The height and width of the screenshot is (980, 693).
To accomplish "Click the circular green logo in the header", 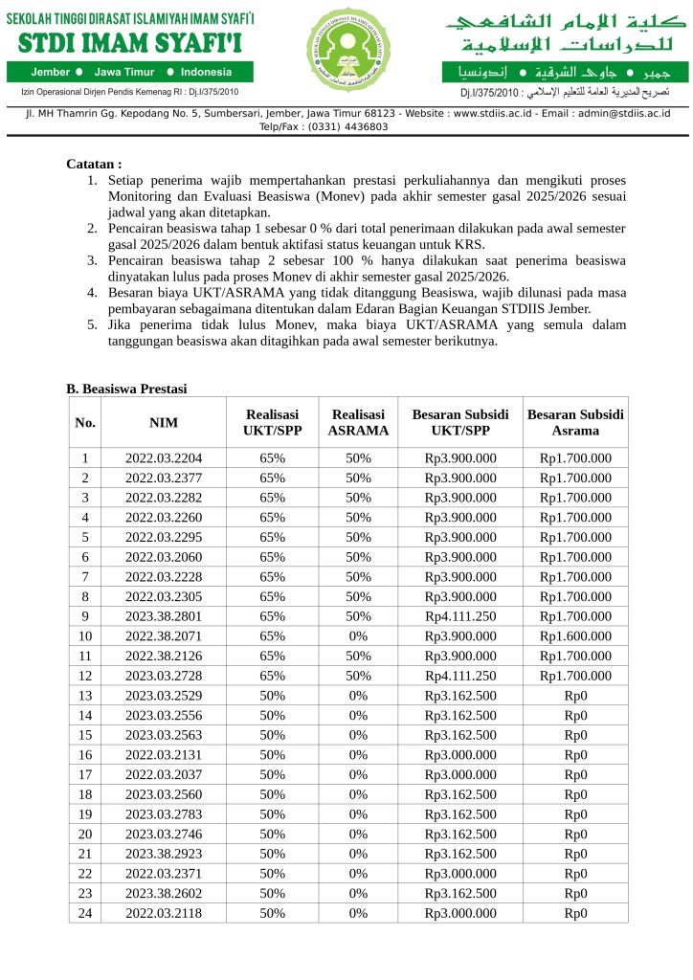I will coord(346,49).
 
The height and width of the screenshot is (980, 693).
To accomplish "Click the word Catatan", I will coord(93,165).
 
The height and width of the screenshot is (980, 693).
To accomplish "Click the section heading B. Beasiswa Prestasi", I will coord(126,389).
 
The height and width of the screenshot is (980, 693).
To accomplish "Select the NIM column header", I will coord(164,422).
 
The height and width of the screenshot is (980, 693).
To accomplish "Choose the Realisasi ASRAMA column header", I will coord(358,422).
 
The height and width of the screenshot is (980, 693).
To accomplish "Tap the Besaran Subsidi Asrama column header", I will coord(575,422).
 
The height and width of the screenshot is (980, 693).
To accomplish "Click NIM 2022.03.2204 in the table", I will coord(164,458).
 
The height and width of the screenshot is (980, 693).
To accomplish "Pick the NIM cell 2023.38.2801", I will coord(164,616).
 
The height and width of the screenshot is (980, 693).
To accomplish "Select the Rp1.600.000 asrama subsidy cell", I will coord(575,635).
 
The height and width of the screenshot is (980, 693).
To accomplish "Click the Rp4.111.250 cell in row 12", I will coord(460,676).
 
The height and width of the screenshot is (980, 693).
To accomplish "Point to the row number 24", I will coord(85,913).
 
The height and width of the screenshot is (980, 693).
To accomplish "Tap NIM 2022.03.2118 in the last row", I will coord(164,913).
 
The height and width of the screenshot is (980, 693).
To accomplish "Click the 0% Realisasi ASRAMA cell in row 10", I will coord(358,635).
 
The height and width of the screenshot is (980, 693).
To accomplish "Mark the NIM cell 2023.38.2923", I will coord(164,854).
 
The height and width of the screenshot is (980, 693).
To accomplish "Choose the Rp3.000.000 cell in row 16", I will coord(460,754).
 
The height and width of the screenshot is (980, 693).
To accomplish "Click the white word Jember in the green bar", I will coord(50,72).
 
